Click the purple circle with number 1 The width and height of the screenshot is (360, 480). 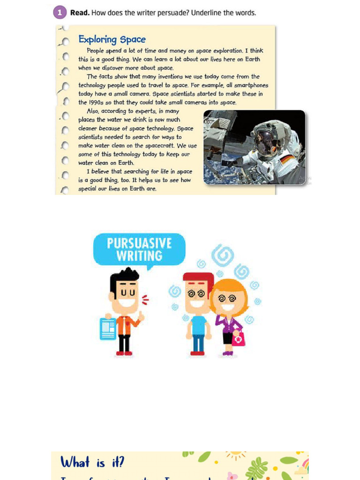(60, 13)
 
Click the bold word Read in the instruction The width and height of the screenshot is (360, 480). (80, 13)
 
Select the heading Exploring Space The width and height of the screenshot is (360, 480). (112, 39)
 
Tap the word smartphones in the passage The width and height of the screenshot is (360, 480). (251, 85)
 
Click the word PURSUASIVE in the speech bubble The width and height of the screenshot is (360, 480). (139, 243)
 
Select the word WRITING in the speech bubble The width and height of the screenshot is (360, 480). (139, 256)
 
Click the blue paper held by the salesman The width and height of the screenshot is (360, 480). (108, 329)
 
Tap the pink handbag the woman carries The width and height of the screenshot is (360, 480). (238, 339)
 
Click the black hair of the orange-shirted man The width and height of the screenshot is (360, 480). (124, 277)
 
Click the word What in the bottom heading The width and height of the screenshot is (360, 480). (75, 463)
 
